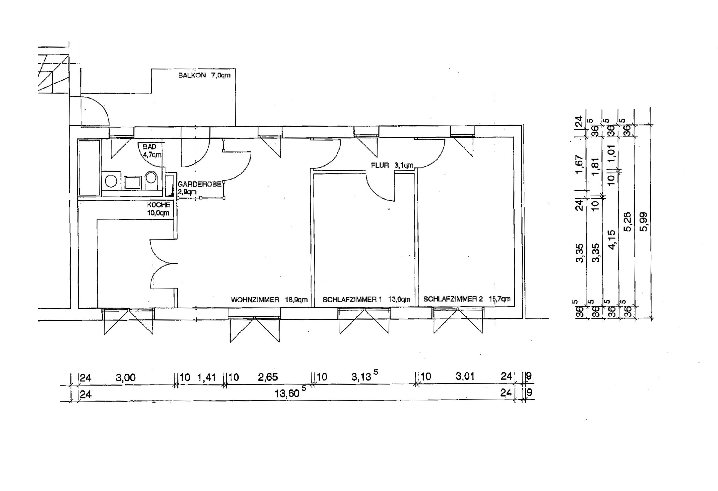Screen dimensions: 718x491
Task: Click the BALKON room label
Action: [192, 75]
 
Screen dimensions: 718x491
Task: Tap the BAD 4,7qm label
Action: [152, 151]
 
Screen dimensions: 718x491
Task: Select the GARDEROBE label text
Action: [199, 184]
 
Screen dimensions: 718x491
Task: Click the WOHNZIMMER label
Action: [255, 300]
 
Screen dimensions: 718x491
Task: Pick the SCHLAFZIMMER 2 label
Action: [452, 299]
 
